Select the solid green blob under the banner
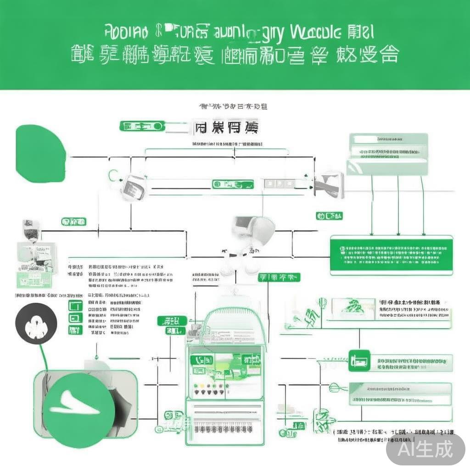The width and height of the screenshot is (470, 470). point(40,153)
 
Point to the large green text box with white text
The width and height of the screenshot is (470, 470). point(391,255)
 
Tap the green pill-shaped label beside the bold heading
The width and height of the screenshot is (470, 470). point(142,126)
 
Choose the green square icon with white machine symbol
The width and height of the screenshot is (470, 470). point(359,360)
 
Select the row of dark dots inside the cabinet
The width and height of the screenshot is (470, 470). point(212,393)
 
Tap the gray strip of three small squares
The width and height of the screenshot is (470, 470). point(279,184)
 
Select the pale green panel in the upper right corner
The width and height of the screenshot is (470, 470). point(388,154)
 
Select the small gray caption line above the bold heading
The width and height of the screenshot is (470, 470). point(233,106)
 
